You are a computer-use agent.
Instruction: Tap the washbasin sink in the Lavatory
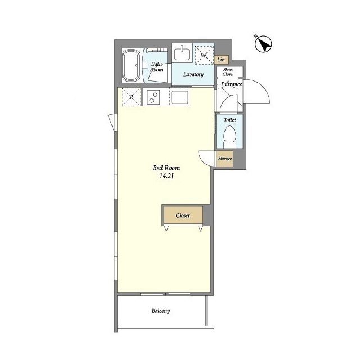[182, 54]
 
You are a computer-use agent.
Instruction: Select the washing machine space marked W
[204, 55]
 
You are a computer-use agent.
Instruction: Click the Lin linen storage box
[222, 60]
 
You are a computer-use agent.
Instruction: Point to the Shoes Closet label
[228, 72]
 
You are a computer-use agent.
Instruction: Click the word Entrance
[231, 84]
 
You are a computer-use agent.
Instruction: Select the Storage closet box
[225, 159]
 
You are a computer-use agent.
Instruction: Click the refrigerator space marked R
[131, 97]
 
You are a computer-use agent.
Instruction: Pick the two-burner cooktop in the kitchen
[153, 97]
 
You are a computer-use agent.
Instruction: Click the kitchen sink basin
[180, 97]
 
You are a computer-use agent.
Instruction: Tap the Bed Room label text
[166, 168]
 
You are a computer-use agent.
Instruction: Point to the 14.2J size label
[166, 176]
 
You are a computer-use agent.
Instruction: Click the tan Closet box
[183, 215]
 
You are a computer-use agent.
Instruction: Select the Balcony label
[161, 311]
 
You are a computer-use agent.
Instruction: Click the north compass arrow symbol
[263, 44]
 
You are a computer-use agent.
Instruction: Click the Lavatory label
[193, 74]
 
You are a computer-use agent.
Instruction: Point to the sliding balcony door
[165, 294]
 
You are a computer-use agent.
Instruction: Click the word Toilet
[230, 120]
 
